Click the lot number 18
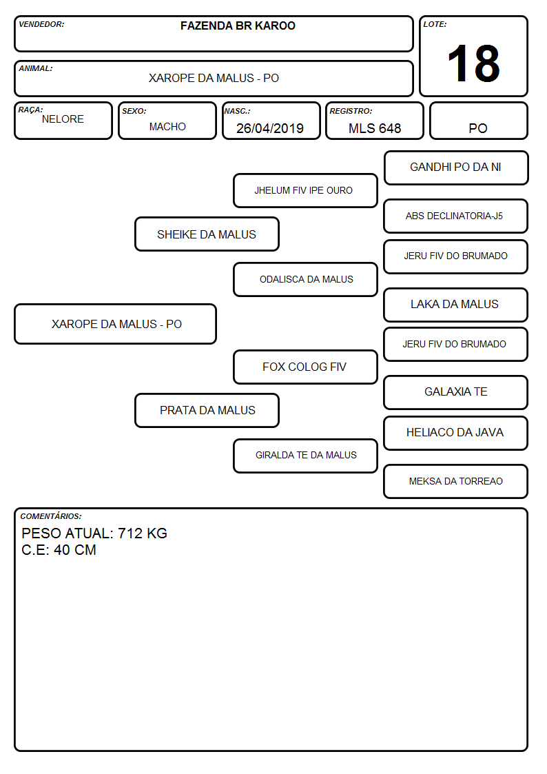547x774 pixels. (473, 63)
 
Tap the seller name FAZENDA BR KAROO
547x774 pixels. (238, 26)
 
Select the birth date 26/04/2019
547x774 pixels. (270, 128)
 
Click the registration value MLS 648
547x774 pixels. (375, 128)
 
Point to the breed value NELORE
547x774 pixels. (63, 119)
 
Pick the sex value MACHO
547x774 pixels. (167, 127)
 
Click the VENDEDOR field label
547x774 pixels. (41, 24)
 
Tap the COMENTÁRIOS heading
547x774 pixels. (51, 516)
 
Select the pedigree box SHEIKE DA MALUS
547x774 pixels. (207, 234)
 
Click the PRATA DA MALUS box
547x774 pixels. (207, 410)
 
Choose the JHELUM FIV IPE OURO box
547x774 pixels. (305, 190)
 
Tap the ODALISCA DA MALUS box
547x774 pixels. (305, 279)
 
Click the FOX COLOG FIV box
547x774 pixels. (305, 367)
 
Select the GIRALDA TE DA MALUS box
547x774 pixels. (305, 456)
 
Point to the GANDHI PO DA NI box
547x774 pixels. (456, 168)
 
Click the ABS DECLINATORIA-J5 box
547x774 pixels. (456, 216)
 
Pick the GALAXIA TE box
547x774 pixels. (456, 392)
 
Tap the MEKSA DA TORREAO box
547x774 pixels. (456, 481)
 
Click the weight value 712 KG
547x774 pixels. (143, 533)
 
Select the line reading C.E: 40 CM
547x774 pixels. (59, 550)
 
